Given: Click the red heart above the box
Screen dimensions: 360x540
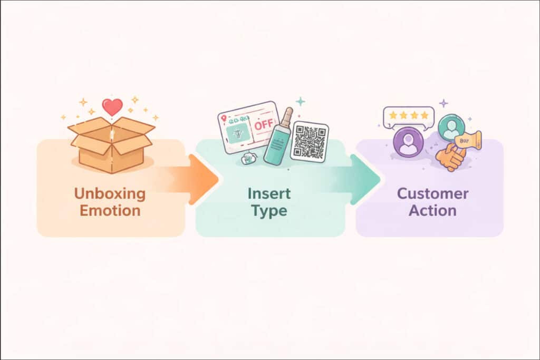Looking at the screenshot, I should click(x=112, y=107).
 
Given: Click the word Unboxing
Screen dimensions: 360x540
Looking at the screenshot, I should click(x=110, y=193).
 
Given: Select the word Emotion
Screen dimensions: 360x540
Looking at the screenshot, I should click(x=110, y=211).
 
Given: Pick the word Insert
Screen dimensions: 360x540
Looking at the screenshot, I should click(x=269, y=193).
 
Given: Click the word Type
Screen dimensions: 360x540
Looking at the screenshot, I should click(x=269, y=211).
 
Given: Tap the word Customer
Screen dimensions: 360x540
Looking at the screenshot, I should click(x=432, y=193).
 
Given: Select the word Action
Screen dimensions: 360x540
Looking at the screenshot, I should click(x=432, y=211).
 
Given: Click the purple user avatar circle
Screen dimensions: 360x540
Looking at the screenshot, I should click(x=408, y=143).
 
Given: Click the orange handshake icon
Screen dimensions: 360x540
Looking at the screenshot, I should click(x=450, y=157).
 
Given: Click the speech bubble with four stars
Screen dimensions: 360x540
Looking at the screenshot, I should click(x=409, y=116).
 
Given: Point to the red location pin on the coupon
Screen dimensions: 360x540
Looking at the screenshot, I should click(x=224, y=119).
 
